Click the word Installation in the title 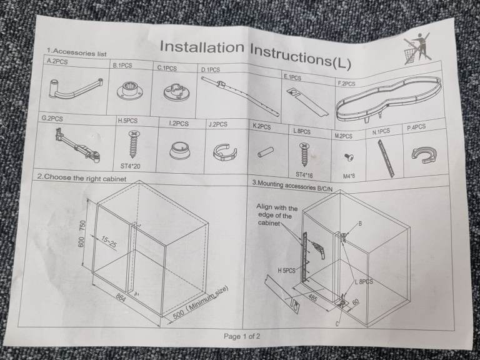(x=202, y=47)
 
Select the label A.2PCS (x=57, y=61)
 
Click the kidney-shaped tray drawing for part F (x=389, y=99)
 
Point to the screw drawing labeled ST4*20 (x=133, y=144)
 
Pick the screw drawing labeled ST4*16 (x=305, y=156)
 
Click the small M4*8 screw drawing (x=349, y=157)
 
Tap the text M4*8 (x=349, y=176)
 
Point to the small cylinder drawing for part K (x=266, y=152)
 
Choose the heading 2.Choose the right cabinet (x=81, y=177)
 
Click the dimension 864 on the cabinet (x=121, y=297)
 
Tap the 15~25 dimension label (x=109, y=242)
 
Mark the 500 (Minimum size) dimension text (x=200, y=302)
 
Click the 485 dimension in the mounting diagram (x=312, y=297)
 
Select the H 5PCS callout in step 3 (x=286, y=270)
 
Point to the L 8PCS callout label (x=364, y=281)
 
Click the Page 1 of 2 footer (x=242, y=336)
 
